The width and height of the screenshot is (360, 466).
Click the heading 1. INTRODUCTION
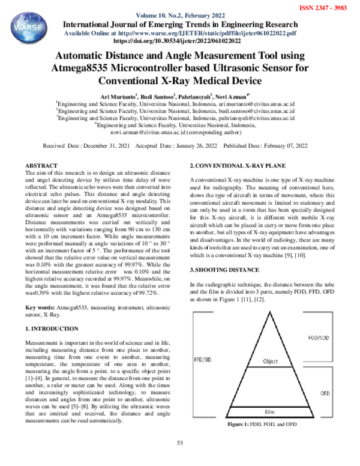(51, 328)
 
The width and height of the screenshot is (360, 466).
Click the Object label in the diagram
(271, 361)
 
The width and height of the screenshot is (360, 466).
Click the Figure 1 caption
(262, 425)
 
